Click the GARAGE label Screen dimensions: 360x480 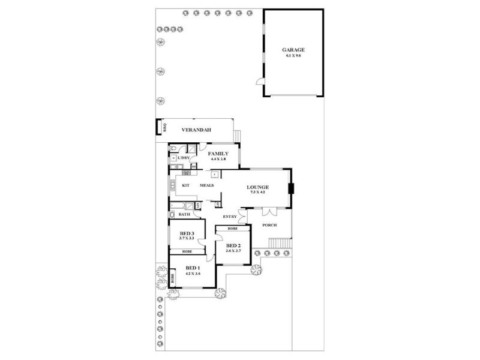[294, 50]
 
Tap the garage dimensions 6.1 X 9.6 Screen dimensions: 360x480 [294, 55]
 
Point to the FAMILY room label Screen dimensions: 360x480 [218, 154]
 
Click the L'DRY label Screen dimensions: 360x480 [184, 158]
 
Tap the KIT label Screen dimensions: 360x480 [186, 185]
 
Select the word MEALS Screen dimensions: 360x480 [207, 185]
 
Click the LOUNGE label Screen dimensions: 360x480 [258, 187]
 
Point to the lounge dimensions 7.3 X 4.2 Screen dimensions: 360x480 [258, 193]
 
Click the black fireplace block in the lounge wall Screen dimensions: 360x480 [291, 189]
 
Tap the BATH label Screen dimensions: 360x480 [184, 214]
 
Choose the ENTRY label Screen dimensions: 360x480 [230, 216]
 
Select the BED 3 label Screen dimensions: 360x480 [187, 233]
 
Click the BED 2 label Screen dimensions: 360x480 [233, 245]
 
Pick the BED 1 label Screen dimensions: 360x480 [192, 268]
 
